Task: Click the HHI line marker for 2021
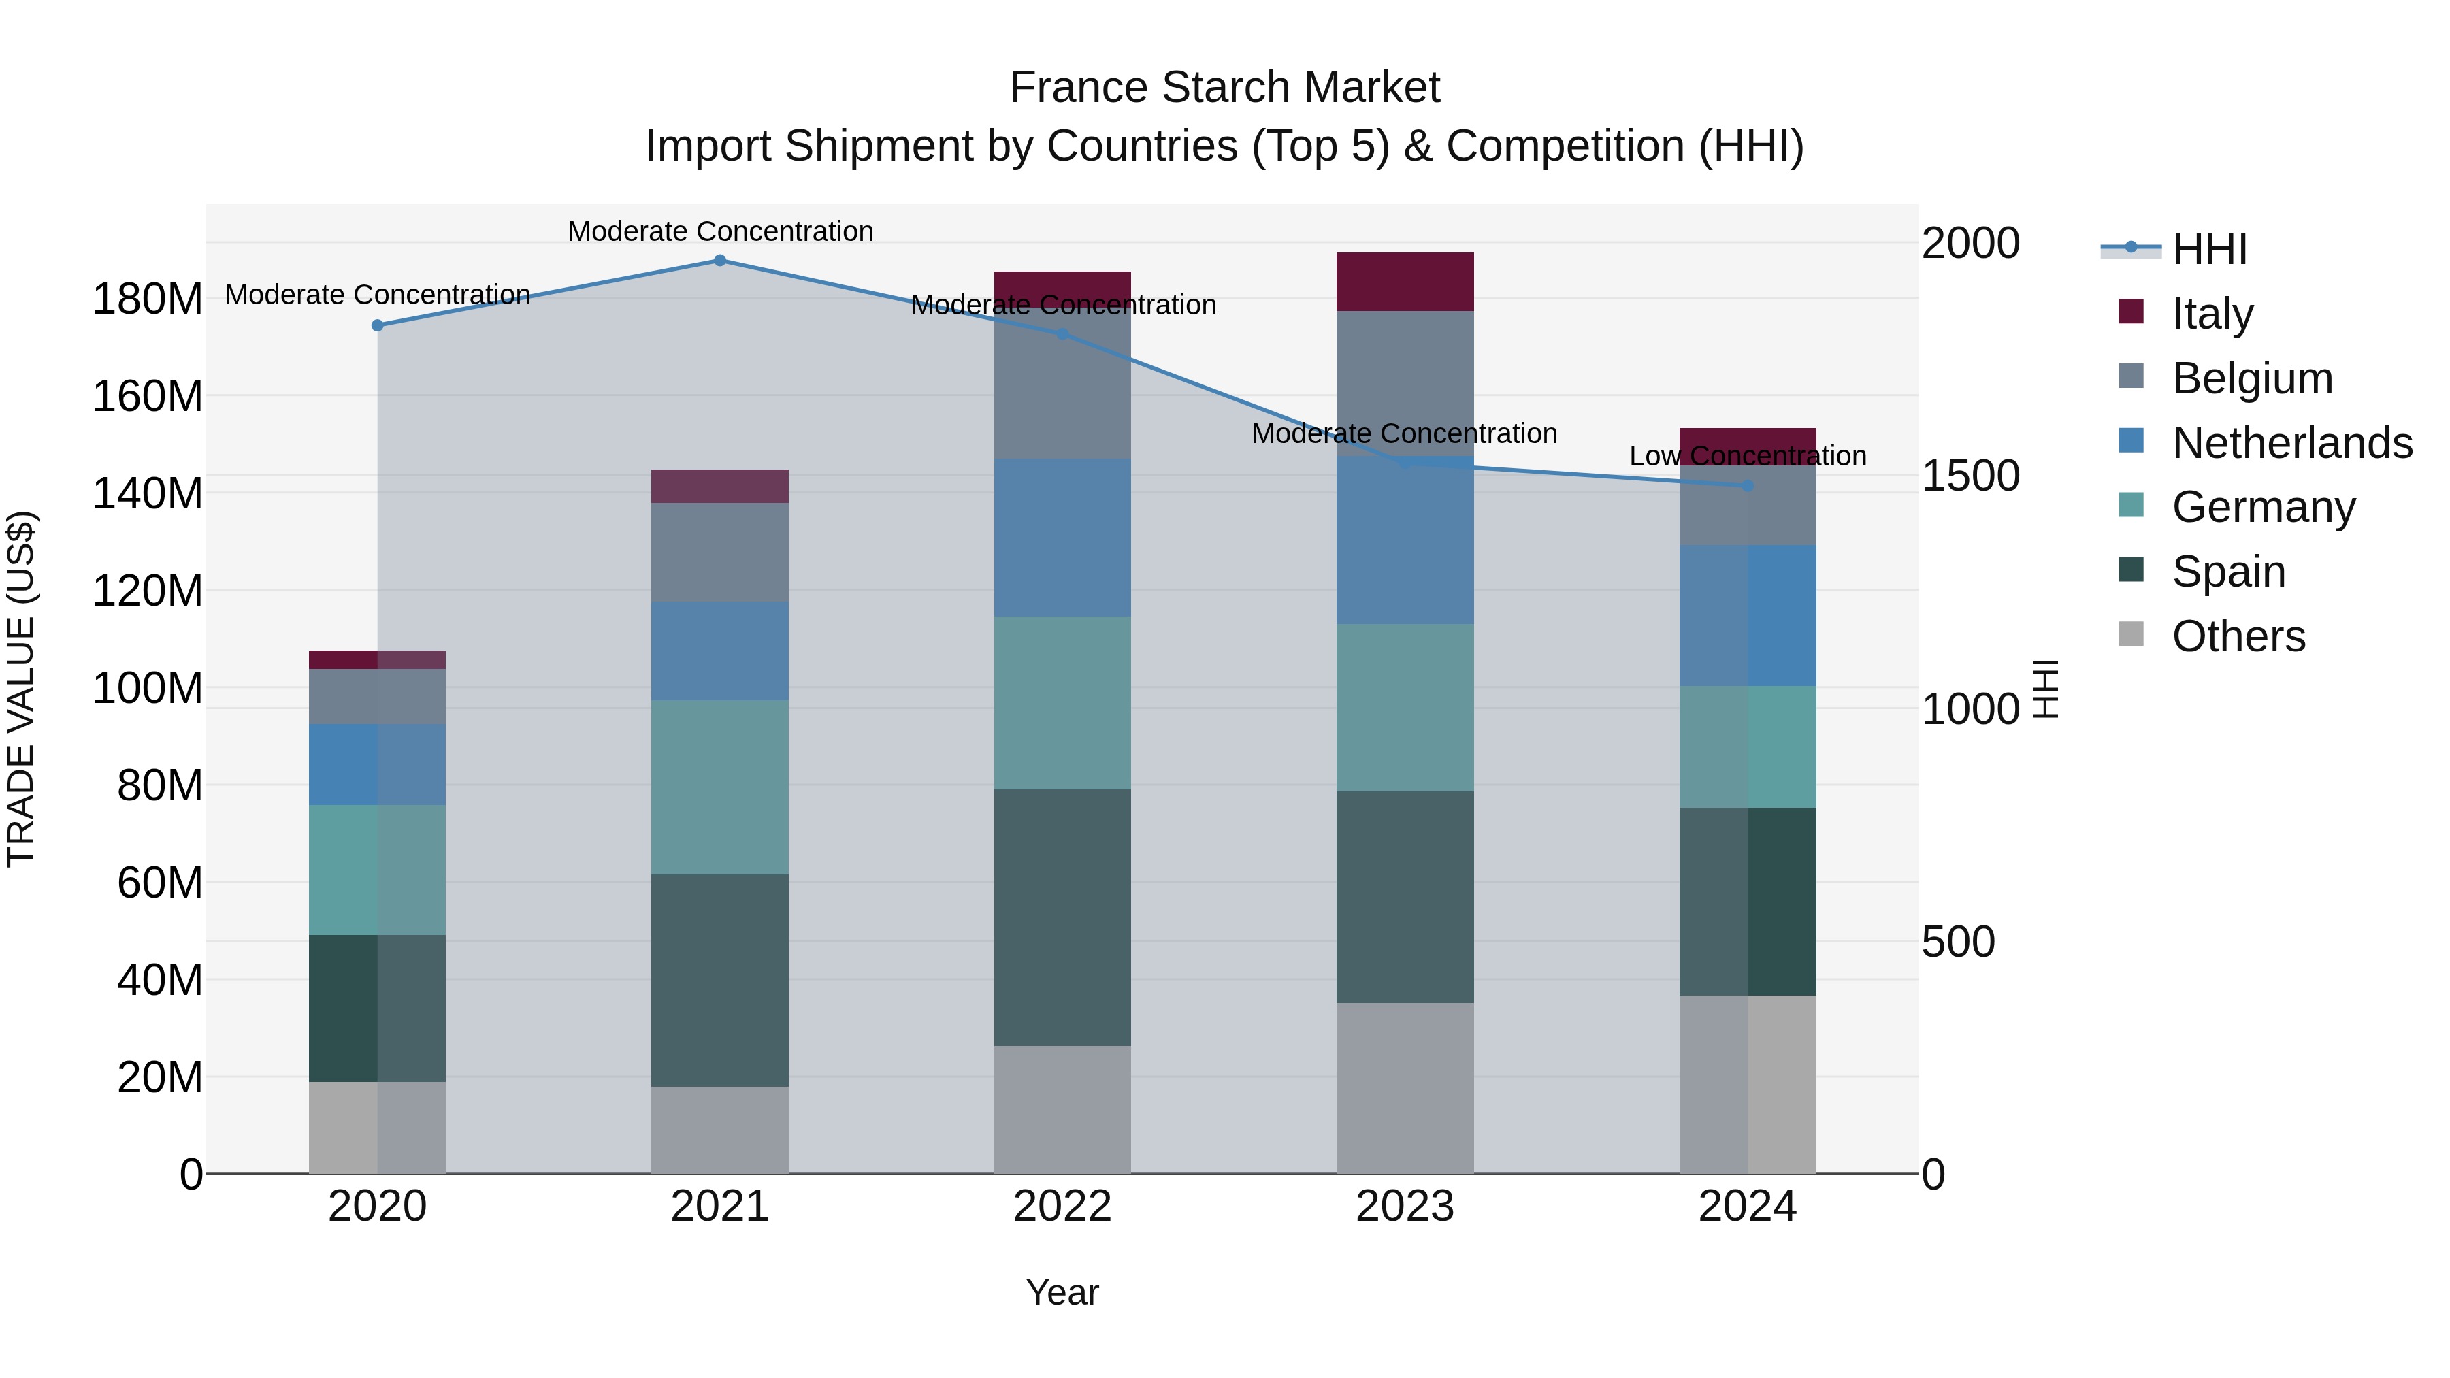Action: [720, 261]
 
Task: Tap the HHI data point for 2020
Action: [378, 325]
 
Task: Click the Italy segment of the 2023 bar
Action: [1405, 282]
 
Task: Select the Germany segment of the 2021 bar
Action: [720, 787]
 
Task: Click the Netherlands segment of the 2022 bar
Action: [1062, 538]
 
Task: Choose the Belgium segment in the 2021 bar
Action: [720, 552]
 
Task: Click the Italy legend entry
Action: [2212, 313]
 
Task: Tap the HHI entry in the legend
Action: [2209, 248]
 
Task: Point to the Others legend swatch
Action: [2131, 634]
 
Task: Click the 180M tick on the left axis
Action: [148, 299]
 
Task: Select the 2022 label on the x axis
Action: [1062, 1207]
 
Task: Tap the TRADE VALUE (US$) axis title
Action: [21, 689]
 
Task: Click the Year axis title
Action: [1062, 1292]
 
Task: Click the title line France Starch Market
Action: [1224, 88]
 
